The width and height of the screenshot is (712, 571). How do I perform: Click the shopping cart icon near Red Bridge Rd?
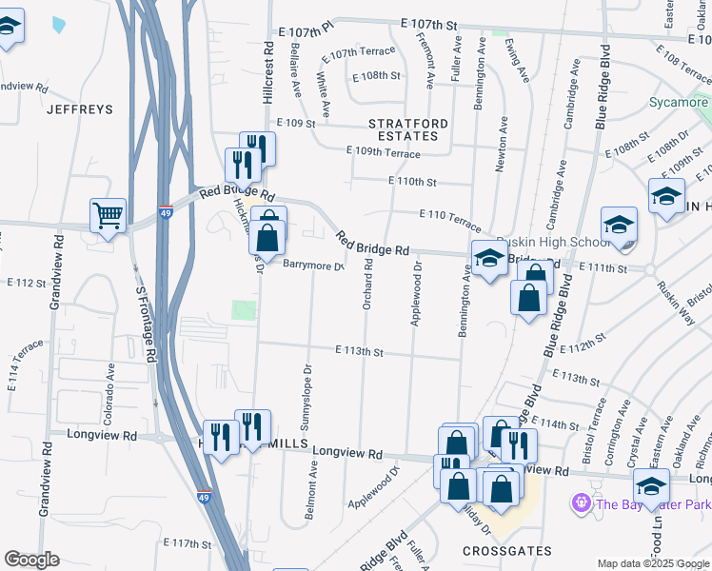tap(108, 214)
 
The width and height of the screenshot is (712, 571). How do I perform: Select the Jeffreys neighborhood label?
tap(80, 109)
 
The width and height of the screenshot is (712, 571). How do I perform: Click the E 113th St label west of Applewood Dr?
tap(359, 351)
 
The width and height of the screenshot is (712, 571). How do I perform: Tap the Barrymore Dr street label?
tap(312, 266)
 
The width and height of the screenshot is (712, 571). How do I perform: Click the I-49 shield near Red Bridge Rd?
tap(166, 205)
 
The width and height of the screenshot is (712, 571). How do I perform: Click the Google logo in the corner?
tap(31, 561)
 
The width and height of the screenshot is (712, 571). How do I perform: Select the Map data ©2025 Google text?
tap(653, 563)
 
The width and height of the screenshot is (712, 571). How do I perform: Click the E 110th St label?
tap(412, 181)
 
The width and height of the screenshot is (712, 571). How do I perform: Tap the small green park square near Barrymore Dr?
tap(245, 310)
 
